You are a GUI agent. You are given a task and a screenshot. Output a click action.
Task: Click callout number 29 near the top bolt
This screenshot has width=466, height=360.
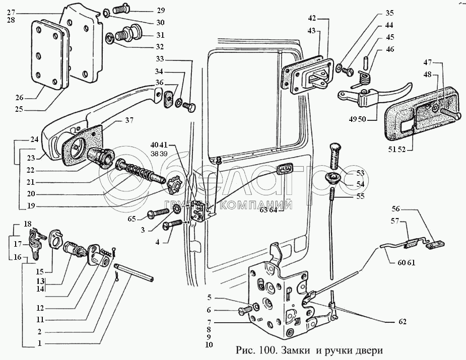point(146,10)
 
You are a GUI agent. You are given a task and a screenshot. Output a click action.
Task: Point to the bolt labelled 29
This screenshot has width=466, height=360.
point(119,9)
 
